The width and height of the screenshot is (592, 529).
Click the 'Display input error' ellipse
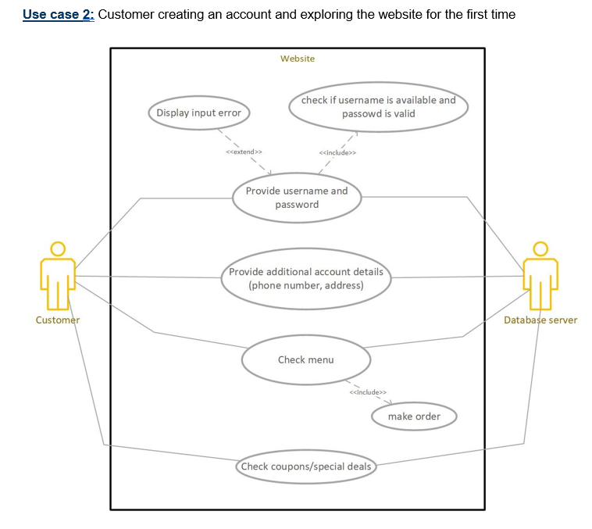click(x=198, y=113)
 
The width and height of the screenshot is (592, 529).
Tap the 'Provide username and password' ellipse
click(x=297, y=198)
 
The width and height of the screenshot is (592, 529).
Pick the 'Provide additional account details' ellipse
click(x=306, y=278)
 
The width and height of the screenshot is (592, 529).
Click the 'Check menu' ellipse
click(x=305, y=359)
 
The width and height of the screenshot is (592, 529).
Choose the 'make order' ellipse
click(x=414, y=416)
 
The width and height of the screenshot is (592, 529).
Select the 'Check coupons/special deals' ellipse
click(x=305, y=466)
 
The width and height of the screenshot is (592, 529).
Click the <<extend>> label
click(x=243, y=152)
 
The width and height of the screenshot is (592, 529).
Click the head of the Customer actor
click(x=58, y=248)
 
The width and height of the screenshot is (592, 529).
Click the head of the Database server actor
click(x=540, y=248)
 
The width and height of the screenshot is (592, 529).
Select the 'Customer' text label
click(x=58, y=320)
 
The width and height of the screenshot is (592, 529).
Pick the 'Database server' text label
click(x=540, y=320)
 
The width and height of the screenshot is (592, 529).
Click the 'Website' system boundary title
click(x=298, y=59)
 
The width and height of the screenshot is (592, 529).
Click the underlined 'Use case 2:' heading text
click(x=59, y=14)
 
